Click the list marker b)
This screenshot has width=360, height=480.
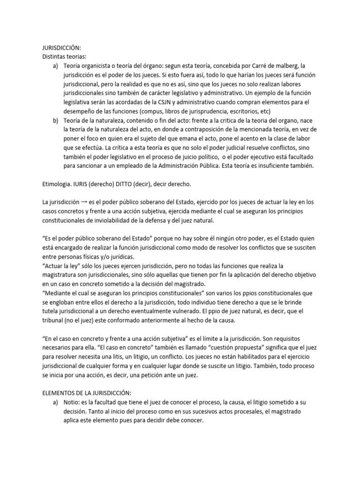56,120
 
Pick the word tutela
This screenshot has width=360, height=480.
50,311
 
